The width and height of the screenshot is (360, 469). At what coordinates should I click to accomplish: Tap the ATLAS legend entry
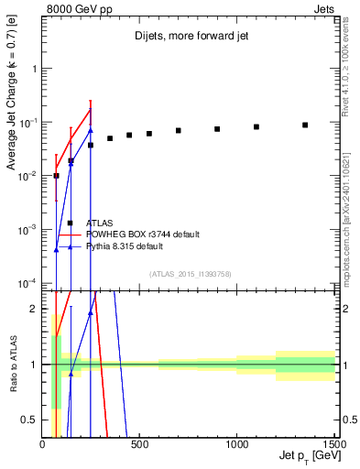[99, 223]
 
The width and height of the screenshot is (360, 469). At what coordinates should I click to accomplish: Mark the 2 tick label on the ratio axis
[35, 309]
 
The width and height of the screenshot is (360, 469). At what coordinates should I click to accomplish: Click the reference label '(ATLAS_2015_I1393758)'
[191, 274]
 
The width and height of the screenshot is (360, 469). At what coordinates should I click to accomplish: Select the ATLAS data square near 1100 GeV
[256, 126]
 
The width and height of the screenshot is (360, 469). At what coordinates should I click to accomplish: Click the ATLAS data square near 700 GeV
[179, 130]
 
